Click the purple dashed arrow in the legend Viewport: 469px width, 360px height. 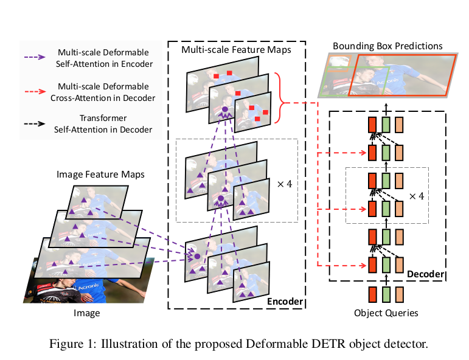tap(35, 57)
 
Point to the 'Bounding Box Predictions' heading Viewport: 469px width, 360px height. tap(387, 46)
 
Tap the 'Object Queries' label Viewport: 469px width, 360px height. tap(386, 313)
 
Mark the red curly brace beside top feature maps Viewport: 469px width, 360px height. tap(280, 95)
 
